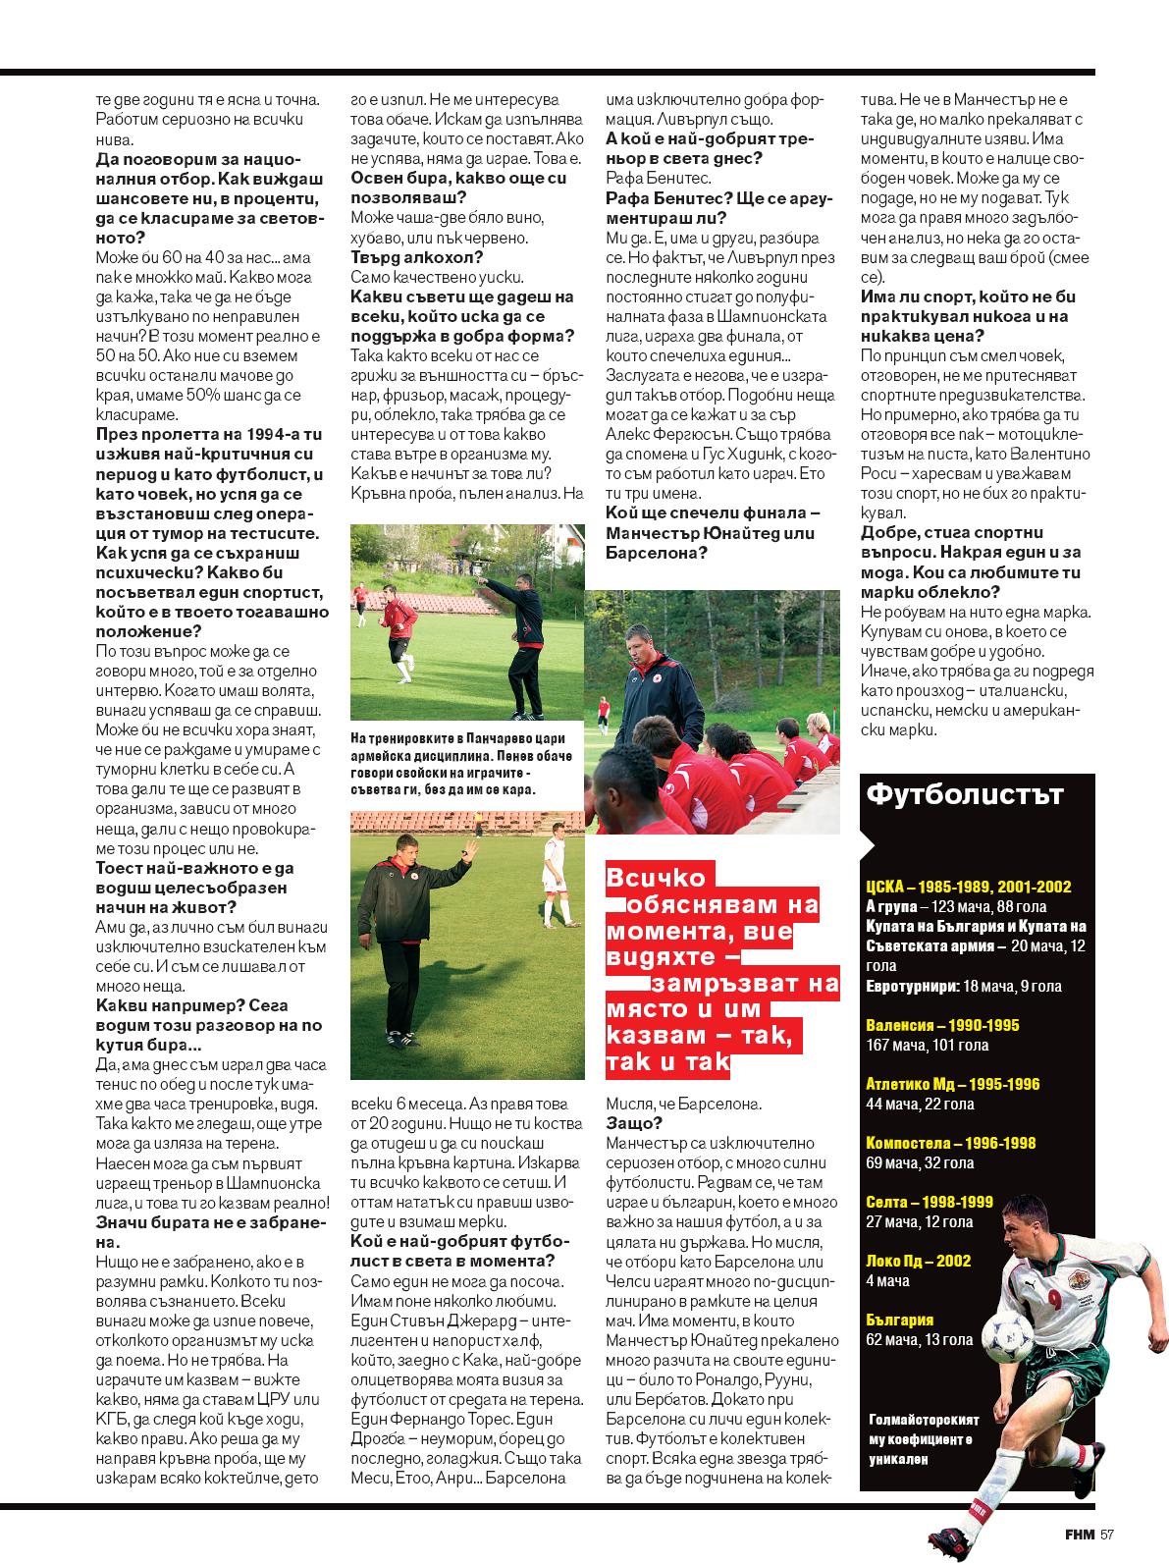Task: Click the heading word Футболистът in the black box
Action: tap(962, 793)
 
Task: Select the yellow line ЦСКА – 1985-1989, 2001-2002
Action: tap(968, 887)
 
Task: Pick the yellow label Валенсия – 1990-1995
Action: tap(942, 1025)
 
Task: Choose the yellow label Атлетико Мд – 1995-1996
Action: tap(952, 1084)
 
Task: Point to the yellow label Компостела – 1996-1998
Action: tap(950, 1143)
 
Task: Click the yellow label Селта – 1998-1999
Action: tap(929, 1202)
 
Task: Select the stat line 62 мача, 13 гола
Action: tap(919, 1339)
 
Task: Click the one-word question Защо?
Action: tap(633, 1123)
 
